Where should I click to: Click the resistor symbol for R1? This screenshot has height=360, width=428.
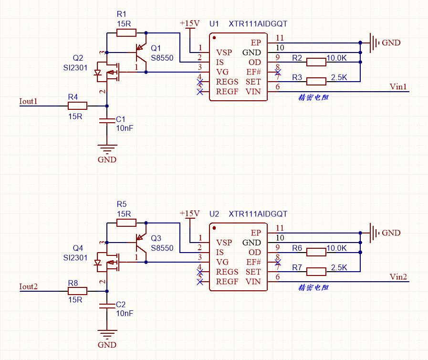[x=126, y=32]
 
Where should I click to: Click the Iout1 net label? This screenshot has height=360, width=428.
[x=28, y=101]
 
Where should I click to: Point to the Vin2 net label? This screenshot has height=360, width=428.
[x=398, y=276]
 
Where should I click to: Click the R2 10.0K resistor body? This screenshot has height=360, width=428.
[x=316, y=62]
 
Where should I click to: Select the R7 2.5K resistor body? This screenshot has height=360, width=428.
[x=316, y=272]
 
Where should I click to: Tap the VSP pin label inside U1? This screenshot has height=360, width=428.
[x=224, y=52]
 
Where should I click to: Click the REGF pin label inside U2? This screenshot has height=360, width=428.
[x=227, y=281]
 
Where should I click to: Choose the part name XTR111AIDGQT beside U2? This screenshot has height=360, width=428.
[x=258, y=214]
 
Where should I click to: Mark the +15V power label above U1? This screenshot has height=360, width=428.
[x=189, y=23]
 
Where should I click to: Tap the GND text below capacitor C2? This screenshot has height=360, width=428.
[x=107, y=345]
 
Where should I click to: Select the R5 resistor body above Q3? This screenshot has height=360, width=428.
[x=126, y=222]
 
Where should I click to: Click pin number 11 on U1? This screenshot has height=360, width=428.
[x=280, y=38]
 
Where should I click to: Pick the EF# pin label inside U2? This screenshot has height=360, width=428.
[x=253, y=262]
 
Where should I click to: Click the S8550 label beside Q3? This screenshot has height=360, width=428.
[x=162, y=248]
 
